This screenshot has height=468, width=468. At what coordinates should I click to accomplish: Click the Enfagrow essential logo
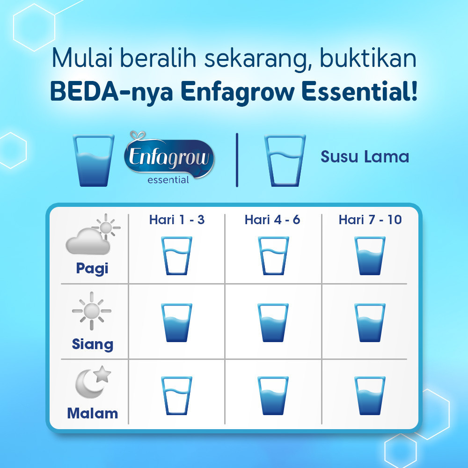pyautogui.click(x=169, y=158)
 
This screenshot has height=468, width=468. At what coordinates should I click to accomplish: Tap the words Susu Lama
pyautogui.click(x=365, y=157)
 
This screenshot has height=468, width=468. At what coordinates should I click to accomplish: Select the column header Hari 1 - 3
pyautogui.click(x=177, y=219)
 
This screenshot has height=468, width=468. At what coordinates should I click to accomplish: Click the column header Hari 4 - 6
pyautogui.click(x=272, y=219)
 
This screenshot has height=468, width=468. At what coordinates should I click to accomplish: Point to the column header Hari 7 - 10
pyautogui.click(x=370, y=219)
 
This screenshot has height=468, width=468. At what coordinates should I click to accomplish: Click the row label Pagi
pyautogui.click(x=92, y=268)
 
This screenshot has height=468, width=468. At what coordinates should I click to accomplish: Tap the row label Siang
pyautogui.click(x=93, y=344)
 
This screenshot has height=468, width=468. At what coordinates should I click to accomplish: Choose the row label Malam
pyautogui.click(x=93, y=413)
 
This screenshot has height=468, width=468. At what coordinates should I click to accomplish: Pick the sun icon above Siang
pyautogui.click(x=92, y=311)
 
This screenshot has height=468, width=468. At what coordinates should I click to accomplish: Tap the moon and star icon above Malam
pyautogui.click(x=93, y=382)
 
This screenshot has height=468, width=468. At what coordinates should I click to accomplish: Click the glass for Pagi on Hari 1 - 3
pyautogui.click(x=177, y=256)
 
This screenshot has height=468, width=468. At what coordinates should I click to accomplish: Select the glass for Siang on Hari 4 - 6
pyautogui.click(x=273, y=322)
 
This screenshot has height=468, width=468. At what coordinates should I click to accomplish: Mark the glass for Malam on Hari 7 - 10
pyautogui.click(x=370, y=396)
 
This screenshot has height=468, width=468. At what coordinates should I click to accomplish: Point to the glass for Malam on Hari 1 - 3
pyautogui.click(x=177, y=396)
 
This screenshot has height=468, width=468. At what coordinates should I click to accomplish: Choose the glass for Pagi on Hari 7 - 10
pyautogui.click(x=370, y=256)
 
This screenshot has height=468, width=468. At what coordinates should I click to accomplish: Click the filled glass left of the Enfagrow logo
pyautogui.click(x=94, y=161)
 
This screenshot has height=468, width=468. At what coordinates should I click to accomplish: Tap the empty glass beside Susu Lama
pyautogui.click(x=285, y=161)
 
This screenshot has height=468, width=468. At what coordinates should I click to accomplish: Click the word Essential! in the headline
pyautogui.click(x=359, y=91)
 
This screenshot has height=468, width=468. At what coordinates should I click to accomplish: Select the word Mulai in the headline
pyautogui.click(x=82, y=57)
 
